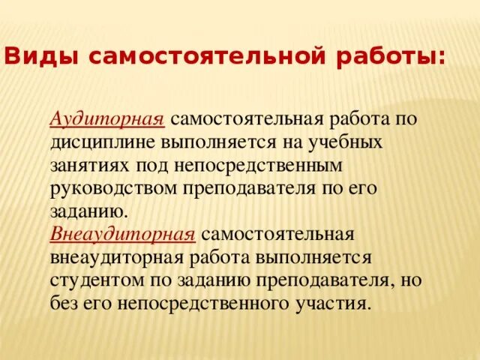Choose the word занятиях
click(x=87, y=164)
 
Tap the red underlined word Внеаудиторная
click(x=123, y=234)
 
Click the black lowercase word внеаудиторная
click(x=113, y=257)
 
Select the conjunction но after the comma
click(x=410, y=280)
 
